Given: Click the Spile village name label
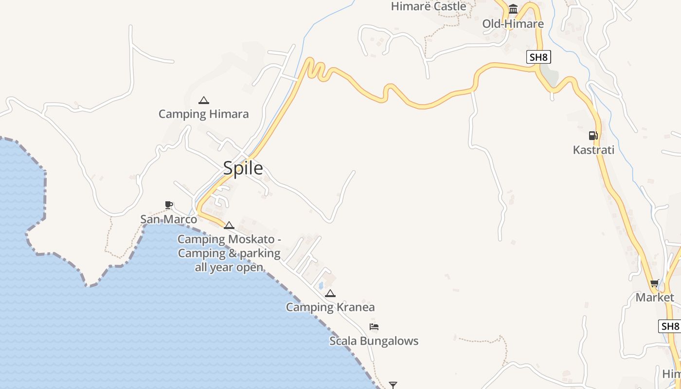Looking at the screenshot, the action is [243, 168].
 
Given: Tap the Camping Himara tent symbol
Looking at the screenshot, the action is [204, 100].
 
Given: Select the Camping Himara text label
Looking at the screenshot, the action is [203, 114].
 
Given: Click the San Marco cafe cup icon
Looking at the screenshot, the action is [169, 205].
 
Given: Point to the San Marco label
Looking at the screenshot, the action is [168, 219].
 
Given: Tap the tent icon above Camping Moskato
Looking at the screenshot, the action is [229, 225].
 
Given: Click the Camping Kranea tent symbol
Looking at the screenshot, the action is [330, 293].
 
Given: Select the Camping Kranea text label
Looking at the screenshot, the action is [330, 307].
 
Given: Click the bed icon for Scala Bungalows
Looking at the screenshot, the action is [374, 327].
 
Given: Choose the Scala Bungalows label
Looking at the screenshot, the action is [374, 341].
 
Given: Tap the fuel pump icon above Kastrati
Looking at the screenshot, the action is [593, 136].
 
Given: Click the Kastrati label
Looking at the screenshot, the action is [593, 150].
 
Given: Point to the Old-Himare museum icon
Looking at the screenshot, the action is [513, 9].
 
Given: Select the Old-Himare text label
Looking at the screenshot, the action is [513, 24].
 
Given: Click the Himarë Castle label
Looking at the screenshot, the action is [429, 6].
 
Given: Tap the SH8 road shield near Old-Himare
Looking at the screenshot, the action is [538, 57].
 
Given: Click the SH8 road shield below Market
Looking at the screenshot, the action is [670, 326].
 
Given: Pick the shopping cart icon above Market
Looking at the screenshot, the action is [655, 283].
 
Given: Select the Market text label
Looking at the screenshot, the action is [655, 297].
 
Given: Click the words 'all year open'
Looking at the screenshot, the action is [229, 267].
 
